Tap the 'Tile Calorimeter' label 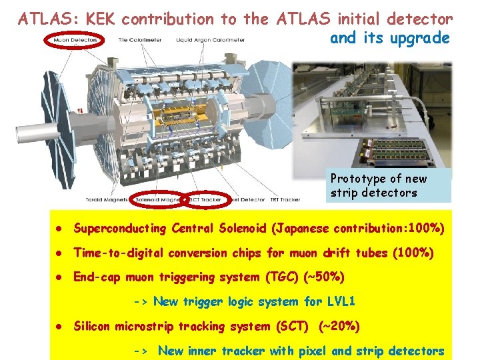(x=138, y=41)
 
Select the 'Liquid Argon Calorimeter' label (x=211, y=41)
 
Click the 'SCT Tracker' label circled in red (x=206, y=199)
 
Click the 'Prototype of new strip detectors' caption (x=379, y=186)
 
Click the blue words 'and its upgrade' (x=390, y=38)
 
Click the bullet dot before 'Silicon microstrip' (x=59, y=327)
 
